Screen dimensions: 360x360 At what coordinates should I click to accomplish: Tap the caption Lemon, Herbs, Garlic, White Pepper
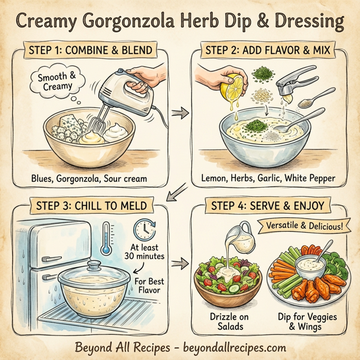[271, 178]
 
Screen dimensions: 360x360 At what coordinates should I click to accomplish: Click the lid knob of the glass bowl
[95, 263]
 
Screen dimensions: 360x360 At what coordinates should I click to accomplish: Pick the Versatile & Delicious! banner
[302, 227]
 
